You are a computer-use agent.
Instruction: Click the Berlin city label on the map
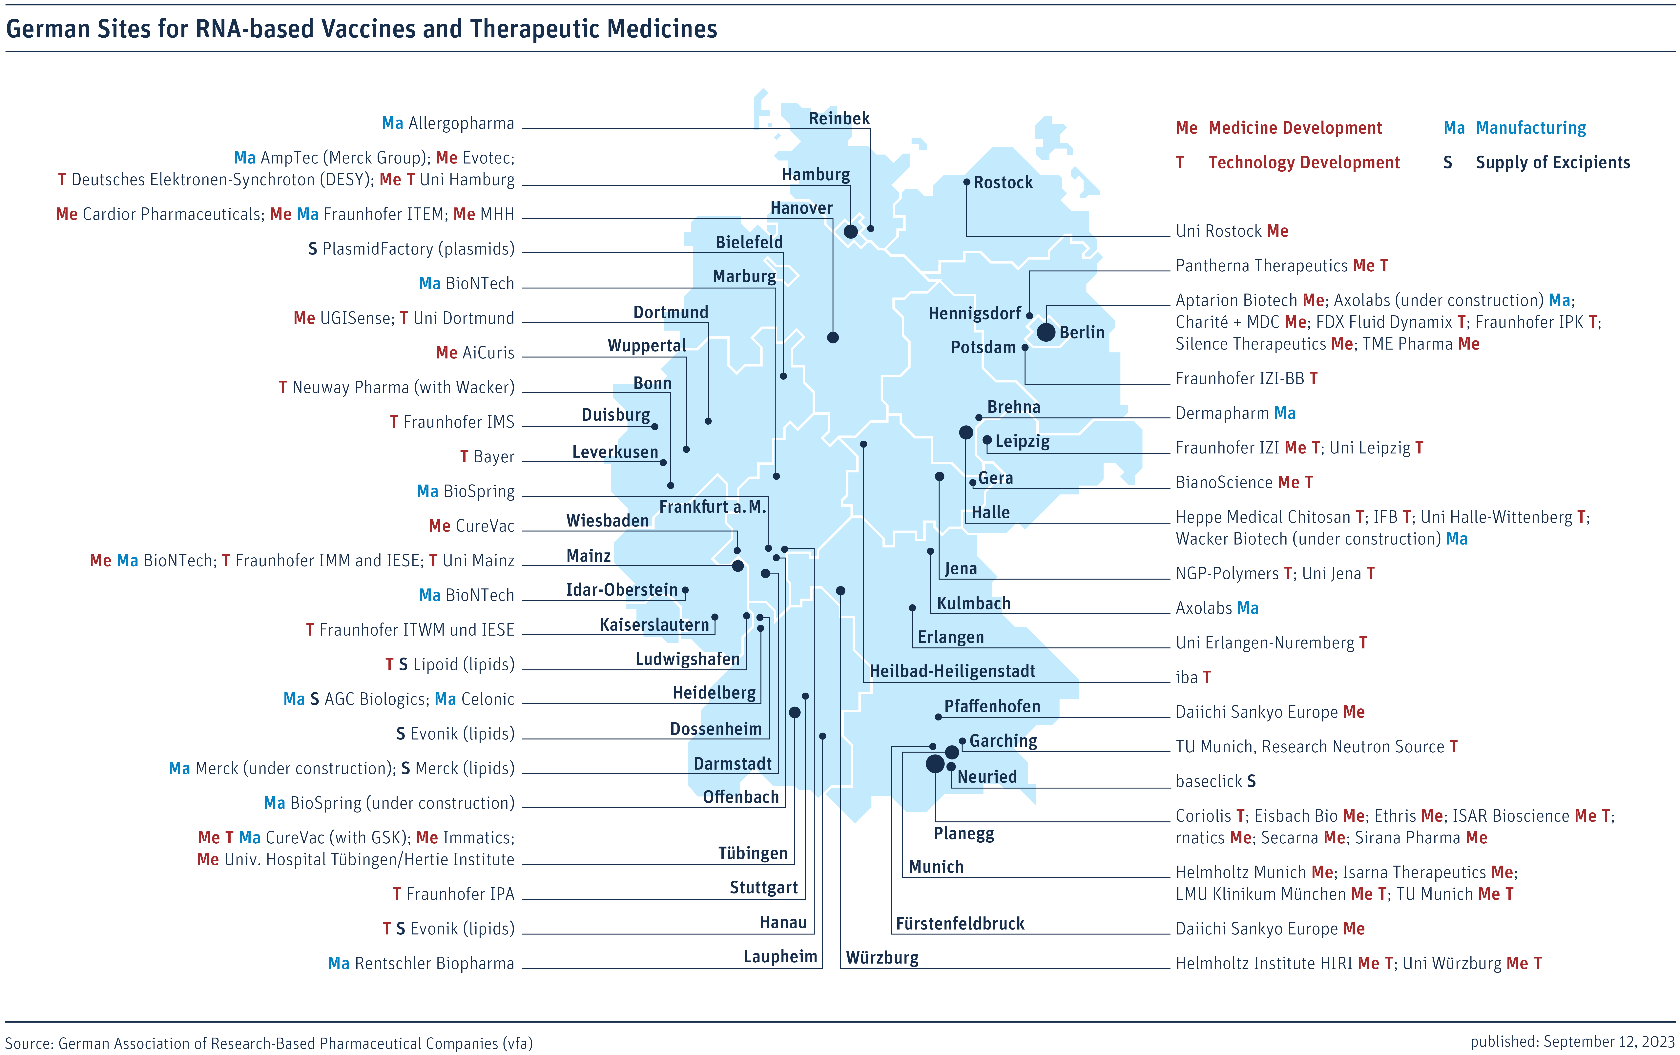coord(1081,333)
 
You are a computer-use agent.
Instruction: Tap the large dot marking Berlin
coord(1046,332)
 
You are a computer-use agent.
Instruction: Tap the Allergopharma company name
coord(461,124)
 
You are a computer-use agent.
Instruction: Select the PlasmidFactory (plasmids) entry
coord(418,249)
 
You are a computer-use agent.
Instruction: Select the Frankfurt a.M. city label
coord(712,507)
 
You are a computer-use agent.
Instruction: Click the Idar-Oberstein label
coord(622,590)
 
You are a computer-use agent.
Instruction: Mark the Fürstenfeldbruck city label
coord(960,924)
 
